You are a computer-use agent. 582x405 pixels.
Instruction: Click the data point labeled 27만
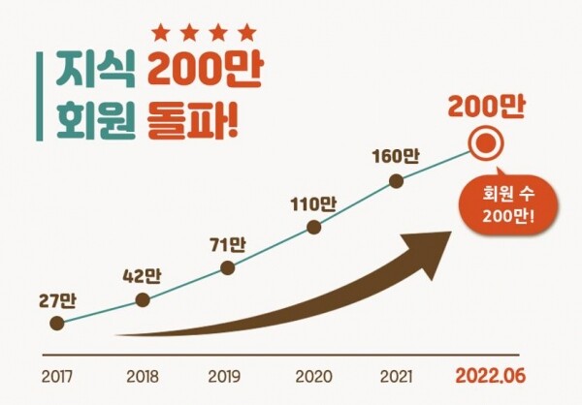pyautogui.click(x=57, y=324)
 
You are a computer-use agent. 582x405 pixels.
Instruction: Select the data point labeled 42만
pyautogui.click(x=143, y=300)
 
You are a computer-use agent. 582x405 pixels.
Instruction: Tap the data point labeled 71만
pyautogui.click(x=228, y=265)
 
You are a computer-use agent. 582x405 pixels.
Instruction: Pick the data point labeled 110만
pyautogui.click(x=313, y=228)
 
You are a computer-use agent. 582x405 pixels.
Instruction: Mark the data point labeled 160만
pyautogui.click(x=396, y=180)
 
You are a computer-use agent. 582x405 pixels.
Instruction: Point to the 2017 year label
pyautogui.click(x=57, y=374)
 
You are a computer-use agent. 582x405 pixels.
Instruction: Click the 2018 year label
pyautogui.click(x=142, y=374)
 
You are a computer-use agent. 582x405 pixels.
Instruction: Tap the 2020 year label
pyautogui.click(x=313, y=374)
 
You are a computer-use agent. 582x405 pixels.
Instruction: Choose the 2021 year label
pyautogui.click(x=396, y=374)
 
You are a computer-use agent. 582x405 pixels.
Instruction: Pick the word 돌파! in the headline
pyautogui.click(x=194, y=121)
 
